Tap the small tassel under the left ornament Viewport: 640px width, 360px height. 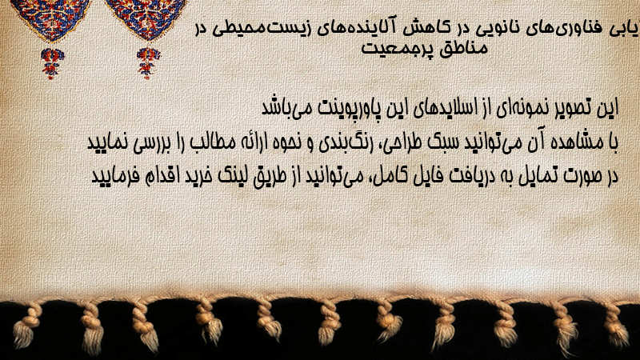pyautogui.click(x=52, y=63)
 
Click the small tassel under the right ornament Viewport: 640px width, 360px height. pyautogui.click(x=148, y=62)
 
